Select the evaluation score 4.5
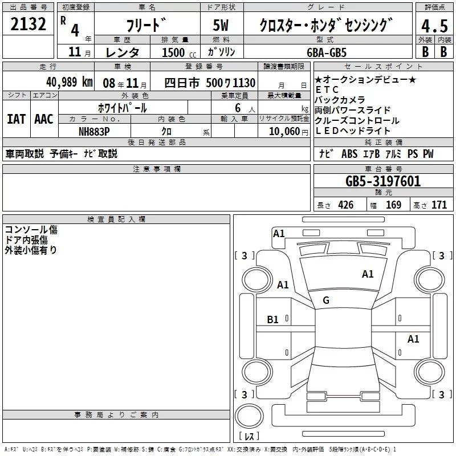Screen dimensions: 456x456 [434, 26]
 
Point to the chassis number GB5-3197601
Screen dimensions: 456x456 [383, 181]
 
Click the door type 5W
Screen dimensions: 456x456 [222, 26]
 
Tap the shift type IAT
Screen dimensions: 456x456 [16, 119]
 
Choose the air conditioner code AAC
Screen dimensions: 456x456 [44, 119]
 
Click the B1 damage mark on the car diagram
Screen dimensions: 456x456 [273, 320]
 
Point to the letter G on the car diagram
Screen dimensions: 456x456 [326, 300]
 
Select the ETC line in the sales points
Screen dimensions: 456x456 [327, 90]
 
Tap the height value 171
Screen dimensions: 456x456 [439, 205]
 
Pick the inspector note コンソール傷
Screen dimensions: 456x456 [31, 230]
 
